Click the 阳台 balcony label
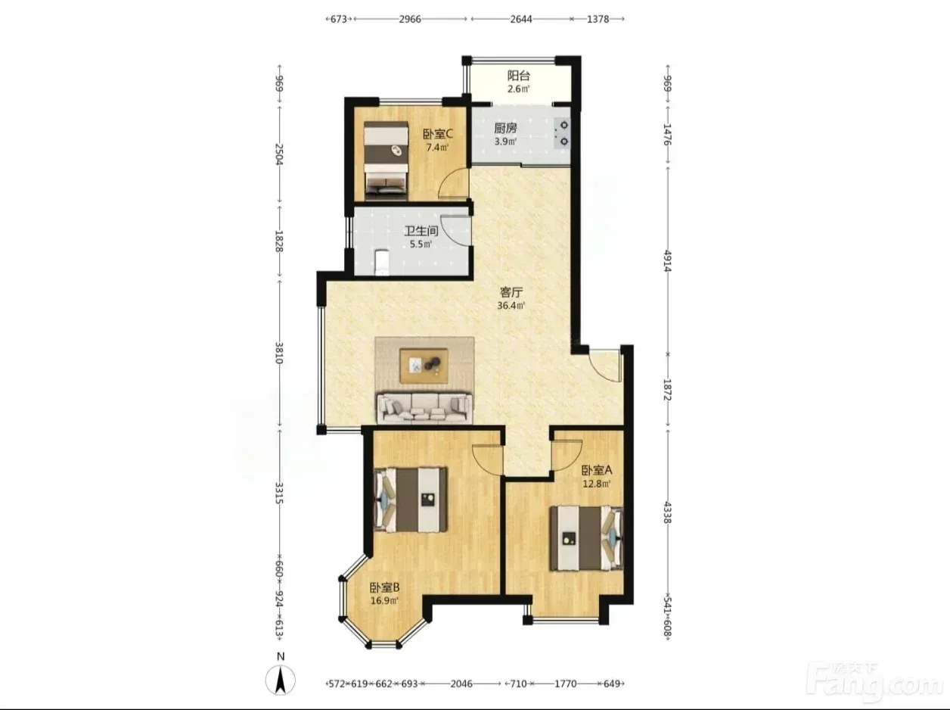pyautogui.click(x=519, y=76)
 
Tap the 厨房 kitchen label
pyautogui.click(x=505, y=129)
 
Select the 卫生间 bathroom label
pyautogui.click(x=421, y=231)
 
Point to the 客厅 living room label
pyautogui.click(x=511, y=292)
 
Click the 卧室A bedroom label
pyautogui.click(x=597, y=470)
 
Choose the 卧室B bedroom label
pyautogui.click(x=384, y=587)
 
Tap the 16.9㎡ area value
pyautogui.click(x=384, y=600)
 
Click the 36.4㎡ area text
pyautogui.click(x=511, y=305)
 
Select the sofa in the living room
pyautogui.click(x=424, y=408)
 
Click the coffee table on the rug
pyautogui.click(x=424, y=366)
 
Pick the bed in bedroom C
pyautogui.click(x=386, y=160)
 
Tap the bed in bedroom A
pyautogui.click(x=586, y=539)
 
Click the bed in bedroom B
pyautogui.click(x=410, y=499)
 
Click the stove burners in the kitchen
pyautogui.click(x=564, y=133)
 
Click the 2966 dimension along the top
pyautogui.click(x=409, y=19)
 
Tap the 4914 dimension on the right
pyautogui.click(x=667, y=260)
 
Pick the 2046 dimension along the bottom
pyautogui.click(x=461, y=684)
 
